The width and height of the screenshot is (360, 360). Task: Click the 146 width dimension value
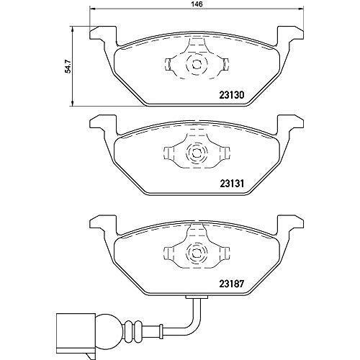coord(197,4)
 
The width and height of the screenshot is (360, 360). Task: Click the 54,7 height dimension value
coord(69,66)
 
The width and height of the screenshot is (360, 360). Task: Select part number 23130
coord(232,95)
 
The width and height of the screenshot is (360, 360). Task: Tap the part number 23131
coord(232,184)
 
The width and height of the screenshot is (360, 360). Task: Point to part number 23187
coord(232,284)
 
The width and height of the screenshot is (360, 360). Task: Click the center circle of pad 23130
coord(197,64)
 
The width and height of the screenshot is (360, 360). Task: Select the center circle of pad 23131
coord(197,153)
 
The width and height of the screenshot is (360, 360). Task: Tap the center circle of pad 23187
coord(197,253)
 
